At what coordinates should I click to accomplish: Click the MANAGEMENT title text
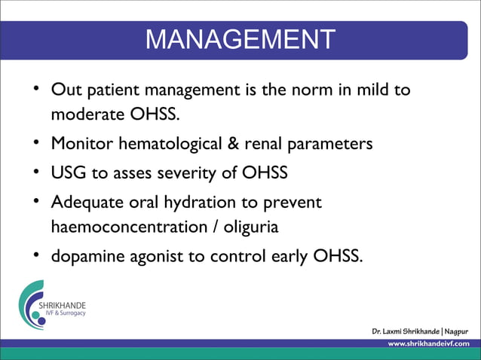point(240,39)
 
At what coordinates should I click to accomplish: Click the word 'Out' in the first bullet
point(64,90)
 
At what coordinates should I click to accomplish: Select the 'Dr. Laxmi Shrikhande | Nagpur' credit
point(420,331)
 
